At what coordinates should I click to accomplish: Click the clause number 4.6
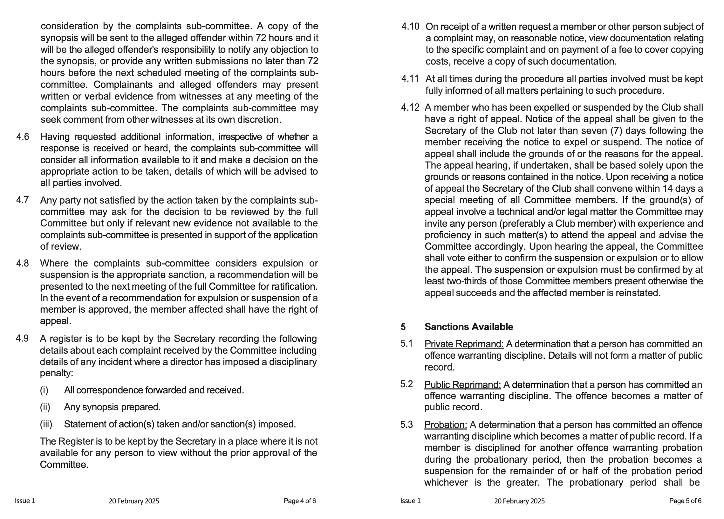pyautogui.click(x=23, y=137)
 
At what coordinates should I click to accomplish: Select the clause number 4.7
pyautogui.click(x=23, y=200)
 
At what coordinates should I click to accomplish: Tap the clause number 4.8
pyautogui.click(x=23, y=263)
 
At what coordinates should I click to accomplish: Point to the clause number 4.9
pyautogui.click(x=22, y=338)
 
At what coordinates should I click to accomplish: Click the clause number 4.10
pyautogui.click(x=410, y=26)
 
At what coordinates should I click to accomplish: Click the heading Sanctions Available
pyautogui.click(x=468, y=327)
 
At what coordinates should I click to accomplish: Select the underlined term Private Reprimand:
pyautogui.click(x=464, y=344)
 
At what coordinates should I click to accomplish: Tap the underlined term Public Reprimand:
pyautogui.click(x=462, y=384)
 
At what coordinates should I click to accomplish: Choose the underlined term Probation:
pyautogui.click(x=446, y=425)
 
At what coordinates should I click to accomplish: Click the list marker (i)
pyautogui.click(x=44, y=390)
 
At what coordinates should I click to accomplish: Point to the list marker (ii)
pyautogui.click(x=45, y=407)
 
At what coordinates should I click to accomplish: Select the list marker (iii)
pyautogui.click(x=46, y=424)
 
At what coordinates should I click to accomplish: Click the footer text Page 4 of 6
pyautogui.click(x=300, y=501)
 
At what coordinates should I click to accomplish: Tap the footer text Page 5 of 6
pyautogui.click(x=685, y=501)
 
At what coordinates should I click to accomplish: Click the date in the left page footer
pyautogui.click(x=134, y=501)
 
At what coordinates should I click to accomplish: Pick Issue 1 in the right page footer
pyautogui.click(x=411, y=501)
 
